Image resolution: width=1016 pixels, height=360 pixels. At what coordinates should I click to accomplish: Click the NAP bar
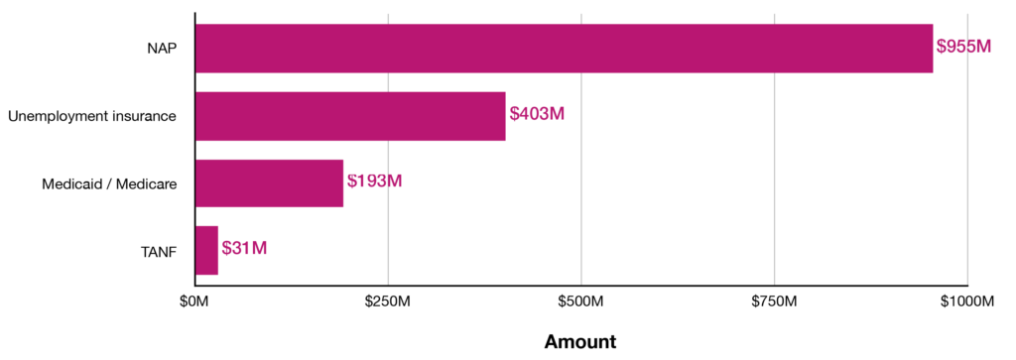tap(564, 49)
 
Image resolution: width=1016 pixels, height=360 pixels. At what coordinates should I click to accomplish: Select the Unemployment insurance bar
tap(350, 116)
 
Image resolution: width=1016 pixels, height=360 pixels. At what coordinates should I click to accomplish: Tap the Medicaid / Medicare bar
tap(270, 183)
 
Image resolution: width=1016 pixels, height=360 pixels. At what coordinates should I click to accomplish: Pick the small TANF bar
tap(206, 251)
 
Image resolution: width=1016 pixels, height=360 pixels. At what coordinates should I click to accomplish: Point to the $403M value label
tap(537, 113)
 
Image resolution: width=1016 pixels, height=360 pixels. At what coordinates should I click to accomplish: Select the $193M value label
tap(374, 180)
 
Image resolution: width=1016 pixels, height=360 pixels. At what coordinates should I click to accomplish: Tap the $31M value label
tap(244, 248)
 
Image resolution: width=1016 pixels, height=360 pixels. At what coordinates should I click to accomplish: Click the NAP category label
tap(162, 50)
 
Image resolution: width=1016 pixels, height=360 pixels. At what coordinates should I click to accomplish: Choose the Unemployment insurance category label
tap(92, 117)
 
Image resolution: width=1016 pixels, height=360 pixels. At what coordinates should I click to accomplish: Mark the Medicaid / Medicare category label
tap(109, 183)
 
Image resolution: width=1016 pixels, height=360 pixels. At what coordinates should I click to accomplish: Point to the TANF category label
tap(159, 251)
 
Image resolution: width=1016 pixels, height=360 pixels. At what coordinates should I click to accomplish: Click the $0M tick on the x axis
tap(195, 301)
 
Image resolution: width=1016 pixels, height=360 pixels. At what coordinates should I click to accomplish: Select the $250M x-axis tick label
tap(388, 301)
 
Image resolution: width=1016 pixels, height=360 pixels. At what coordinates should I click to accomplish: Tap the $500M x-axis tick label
tap(581, 301)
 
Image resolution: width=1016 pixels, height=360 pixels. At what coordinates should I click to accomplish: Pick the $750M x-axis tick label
tap(774, 301)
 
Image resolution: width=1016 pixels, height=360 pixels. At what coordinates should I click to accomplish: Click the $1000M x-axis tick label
tap(967, 301)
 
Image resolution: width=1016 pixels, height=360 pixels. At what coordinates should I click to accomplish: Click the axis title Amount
tap(580, 342)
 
